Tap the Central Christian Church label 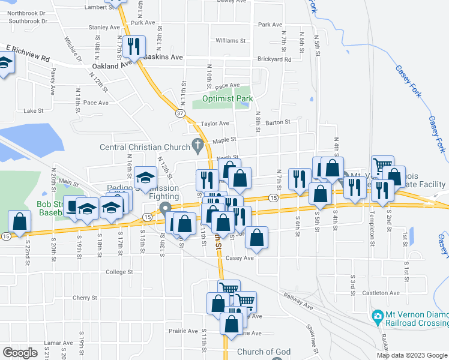[143, 147]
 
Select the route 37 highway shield [180, 113]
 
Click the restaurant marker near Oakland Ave [134, 46]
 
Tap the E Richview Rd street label [28, 53]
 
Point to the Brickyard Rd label [274, 59]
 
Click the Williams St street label [231, 41]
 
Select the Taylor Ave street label [215, 124]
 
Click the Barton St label [278, 121]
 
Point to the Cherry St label [85, 298]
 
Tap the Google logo [20, 352]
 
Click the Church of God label [264, 352]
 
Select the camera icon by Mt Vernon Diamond [378, 316]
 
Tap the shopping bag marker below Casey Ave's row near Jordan [256, 238]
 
